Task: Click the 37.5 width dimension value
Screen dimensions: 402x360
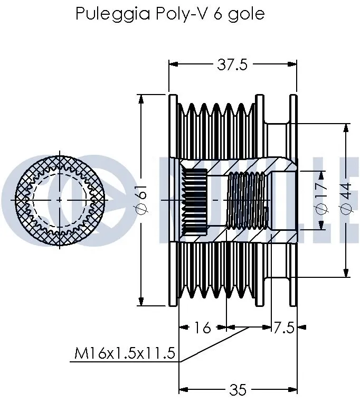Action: coord(232,64)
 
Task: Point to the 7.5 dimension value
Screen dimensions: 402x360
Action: coord(283,328)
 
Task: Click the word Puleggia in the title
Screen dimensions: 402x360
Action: coord(107,14)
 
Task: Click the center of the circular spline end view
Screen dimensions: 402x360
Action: coord(59,200)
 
